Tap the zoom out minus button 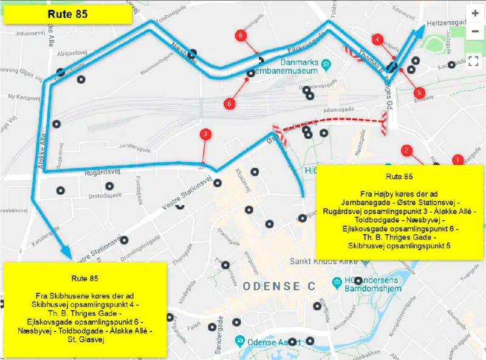click(475, 30)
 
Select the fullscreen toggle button click(475, 60)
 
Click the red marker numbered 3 click(206, 134)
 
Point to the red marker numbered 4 click(378, 40)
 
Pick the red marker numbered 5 click(419, 92)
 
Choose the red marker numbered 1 click(457, 160)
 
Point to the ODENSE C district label click(280, 286)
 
